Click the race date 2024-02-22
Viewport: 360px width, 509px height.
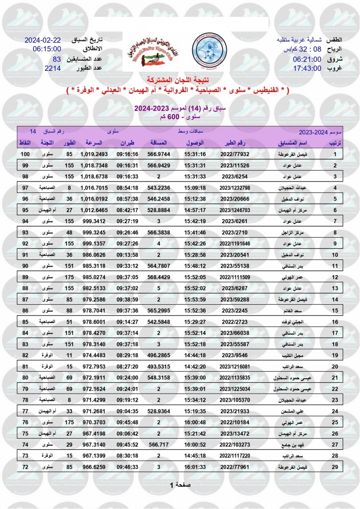coord(42,41)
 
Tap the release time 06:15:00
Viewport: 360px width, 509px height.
coord(46,49)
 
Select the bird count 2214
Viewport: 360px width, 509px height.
coord(53,68)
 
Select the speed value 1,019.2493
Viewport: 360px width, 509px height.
coord(94,154)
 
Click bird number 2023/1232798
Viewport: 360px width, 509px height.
coord(236,187)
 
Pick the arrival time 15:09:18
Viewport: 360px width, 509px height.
coord(195,187)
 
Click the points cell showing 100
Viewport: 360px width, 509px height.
coord(25,154)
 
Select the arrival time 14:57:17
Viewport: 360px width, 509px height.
coord(195,210)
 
